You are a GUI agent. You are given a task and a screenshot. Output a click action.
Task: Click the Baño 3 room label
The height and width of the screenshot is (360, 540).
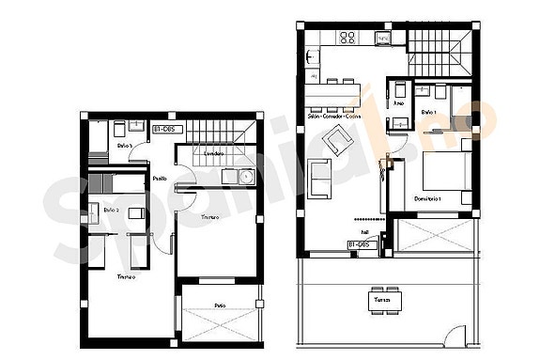pyautogui.click(x=125, y=147)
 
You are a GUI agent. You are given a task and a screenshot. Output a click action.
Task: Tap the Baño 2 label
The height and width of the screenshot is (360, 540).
pyautogui.click(x=112, y=210)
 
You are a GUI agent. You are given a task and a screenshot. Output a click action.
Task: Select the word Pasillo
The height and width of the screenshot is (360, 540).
pyautogui.click(x=161, y=178)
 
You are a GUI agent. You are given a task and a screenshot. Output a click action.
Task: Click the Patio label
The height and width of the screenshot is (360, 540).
pyautogui.click(x=220, y=305)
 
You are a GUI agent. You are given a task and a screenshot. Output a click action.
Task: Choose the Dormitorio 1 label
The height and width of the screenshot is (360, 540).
pyautogui.click(x=428, y=199)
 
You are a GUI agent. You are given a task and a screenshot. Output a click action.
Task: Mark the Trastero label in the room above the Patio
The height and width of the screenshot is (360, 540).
pyautogui.click(x=210, y=217)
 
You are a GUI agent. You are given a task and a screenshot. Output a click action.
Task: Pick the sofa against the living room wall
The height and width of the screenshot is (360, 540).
pyautogui.click(x=319, y=180)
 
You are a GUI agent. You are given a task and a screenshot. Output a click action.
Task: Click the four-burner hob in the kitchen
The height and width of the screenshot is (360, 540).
pyautogui.click(x=347, y=38)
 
